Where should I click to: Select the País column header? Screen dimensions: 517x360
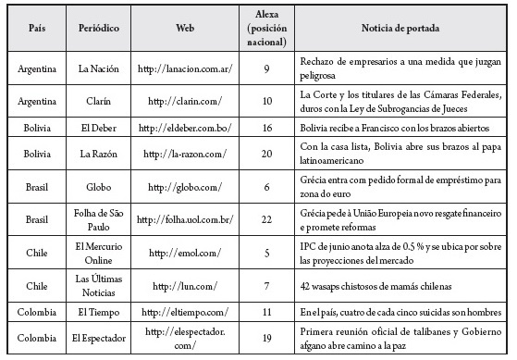click(x=36, y=29)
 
